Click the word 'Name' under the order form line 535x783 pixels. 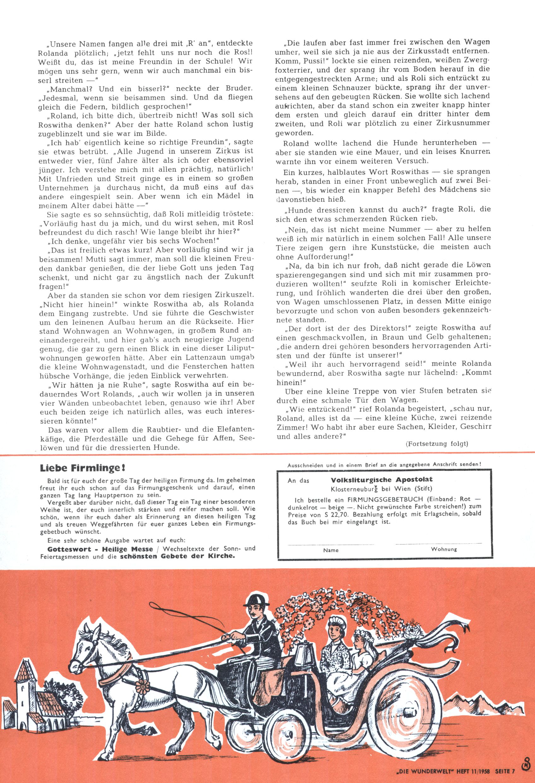tap(331, 550)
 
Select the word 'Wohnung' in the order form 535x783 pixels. tap(444, 549)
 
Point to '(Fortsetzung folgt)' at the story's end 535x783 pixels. tap(437, 443)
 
